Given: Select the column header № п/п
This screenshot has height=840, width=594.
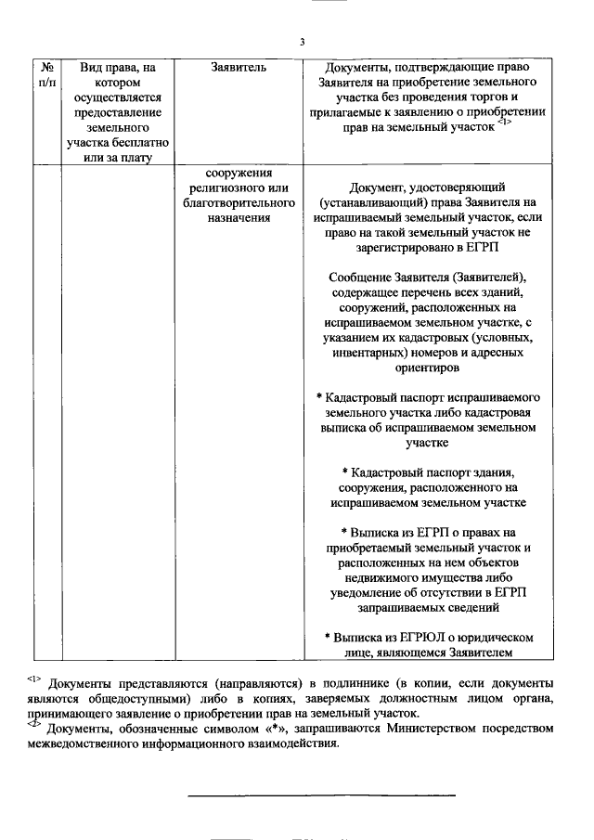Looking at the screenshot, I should (x=47, y=76).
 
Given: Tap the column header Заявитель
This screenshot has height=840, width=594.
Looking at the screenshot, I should (x=239, y=68).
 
